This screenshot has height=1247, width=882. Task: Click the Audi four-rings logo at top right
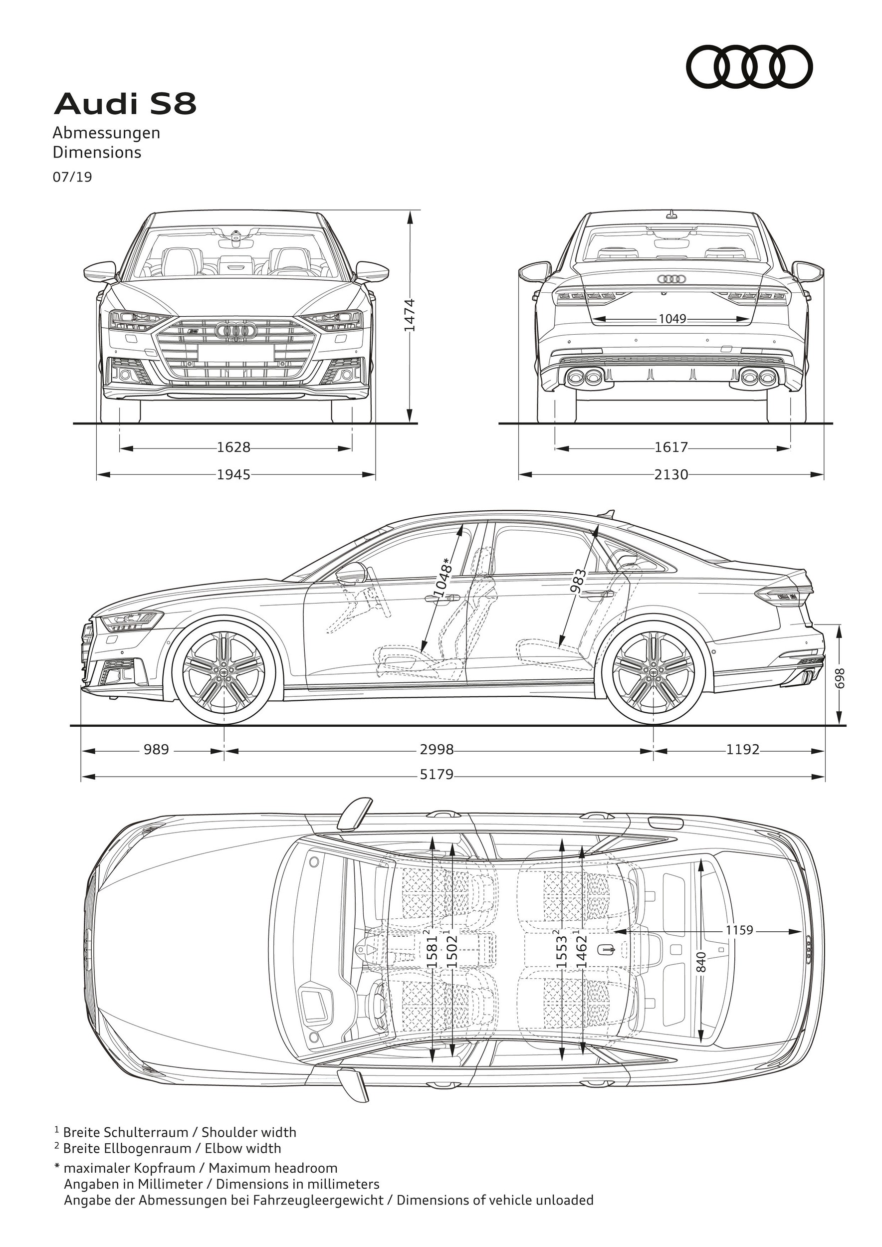(749, 67)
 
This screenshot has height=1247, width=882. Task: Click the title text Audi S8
(125, 104)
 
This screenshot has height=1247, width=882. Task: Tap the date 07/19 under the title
(72, 178)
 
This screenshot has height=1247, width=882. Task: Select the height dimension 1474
(410, 315)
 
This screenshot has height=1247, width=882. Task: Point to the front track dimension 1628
(233, 447)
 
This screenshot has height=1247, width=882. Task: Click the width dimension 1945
(233, 475)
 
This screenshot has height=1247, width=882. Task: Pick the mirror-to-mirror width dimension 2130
(671, 475)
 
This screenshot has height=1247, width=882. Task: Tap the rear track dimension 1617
(671, 447)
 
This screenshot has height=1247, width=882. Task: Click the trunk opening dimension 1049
(672, 319)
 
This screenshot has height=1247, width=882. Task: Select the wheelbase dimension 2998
(437, 750)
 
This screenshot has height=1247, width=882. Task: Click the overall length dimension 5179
(437, 774)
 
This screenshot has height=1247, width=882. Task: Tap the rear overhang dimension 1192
(742, 750)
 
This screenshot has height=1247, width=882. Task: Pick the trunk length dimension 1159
(739, 946)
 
